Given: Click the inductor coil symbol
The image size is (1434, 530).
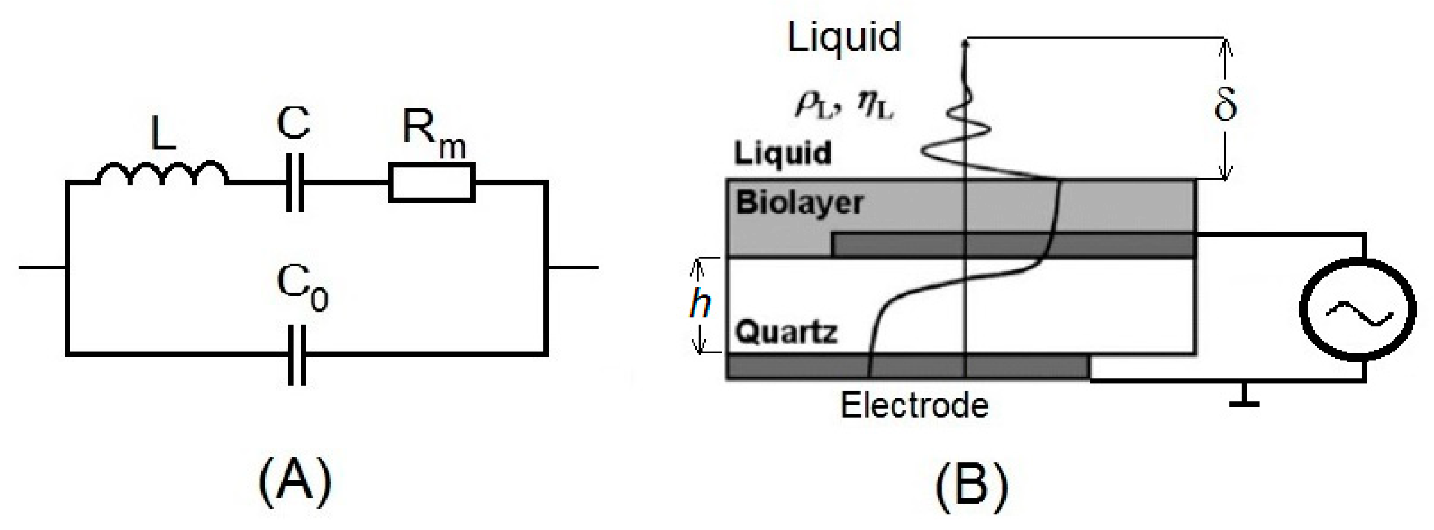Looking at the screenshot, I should tap(162, 173).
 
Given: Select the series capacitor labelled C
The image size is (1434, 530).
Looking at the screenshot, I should tap(295, 182).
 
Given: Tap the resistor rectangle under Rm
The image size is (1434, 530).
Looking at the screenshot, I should tap(431, 182).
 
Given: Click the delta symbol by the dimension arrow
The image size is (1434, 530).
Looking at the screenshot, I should tap(1224, 106).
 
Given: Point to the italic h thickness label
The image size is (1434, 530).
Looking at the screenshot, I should tap(699, 305).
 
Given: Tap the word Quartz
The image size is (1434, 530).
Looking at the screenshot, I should tap(785, 333).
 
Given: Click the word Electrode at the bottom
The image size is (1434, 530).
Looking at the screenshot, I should tap(914, 405).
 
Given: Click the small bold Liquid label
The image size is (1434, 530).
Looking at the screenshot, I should tap(782, 153).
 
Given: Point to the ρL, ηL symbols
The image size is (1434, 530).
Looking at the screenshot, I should tap(843, 106).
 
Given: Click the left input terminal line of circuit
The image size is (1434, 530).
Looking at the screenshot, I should tap(42, 268).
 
